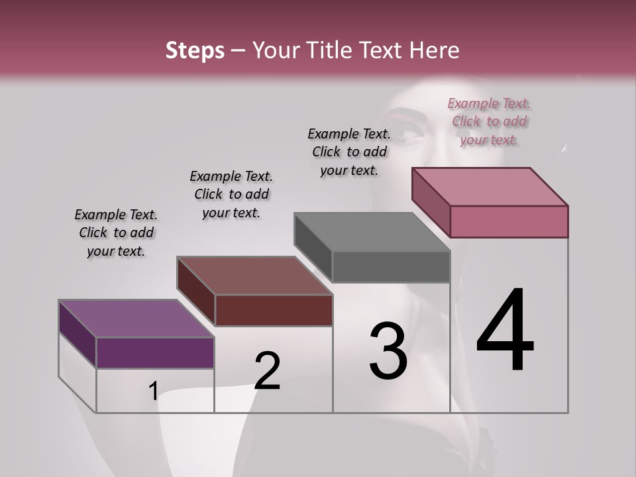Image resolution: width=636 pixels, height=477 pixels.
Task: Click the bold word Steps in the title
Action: click(194, 50)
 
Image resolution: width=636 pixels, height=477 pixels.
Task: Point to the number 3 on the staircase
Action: click(388, 350)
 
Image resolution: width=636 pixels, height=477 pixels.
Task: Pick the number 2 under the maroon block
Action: click(267, 370)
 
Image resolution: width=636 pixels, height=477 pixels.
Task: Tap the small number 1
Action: click(153, 392)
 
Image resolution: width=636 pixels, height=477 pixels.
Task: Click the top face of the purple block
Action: click(136, 319)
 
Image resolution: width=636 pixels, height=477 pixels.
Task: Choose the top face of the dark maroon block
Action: click(254, 276)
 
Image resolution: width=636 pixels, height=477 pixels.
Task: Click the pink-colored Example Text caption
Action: click(489, 121)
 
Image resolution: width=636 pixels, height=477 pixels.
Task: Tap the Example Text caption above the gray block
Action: click(349, 152)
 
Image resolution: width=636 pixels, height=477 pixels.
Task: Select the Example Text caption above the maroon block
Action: click(231, 194)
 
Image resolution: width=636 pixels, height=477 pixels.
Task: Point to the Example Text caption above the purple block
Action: click(116, 233)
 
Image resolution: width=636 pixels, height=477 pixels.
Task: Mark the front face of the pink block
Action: click(509, 221)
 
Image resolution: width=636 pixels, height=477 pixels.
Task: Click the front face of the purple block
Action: click(155, 352)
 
